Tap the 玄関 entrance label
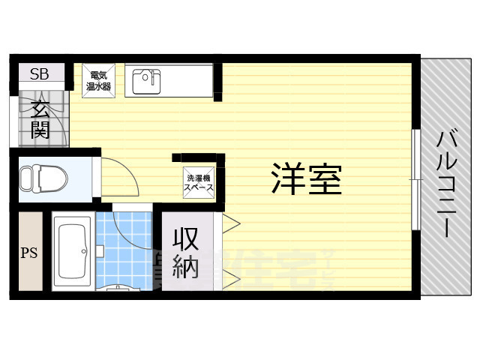(x=40, y=120)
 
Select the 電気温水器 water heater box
(x=99, y=81)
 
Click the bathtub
(x=72, y=253)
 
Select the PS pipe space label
(x=31, y=252)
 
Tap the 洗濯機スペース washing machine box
(x=199, y=182)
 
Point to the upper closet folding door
(x=231, y=223)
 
